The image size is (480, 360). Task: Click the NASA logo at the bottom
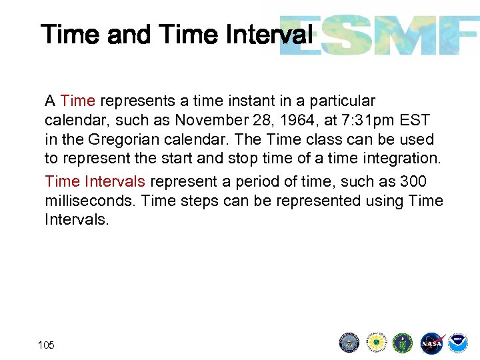pos(431,343)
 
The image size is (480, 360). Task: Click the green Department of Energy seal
pos(403,343)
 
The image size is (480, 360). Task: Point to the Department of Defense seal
pos(349,343)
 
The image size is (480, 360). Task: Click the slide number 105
pos(46,345)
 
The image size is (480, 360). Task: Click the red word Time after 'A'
pos(77,101)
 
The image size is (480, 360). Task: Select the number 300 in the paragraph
pos(413,181)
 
